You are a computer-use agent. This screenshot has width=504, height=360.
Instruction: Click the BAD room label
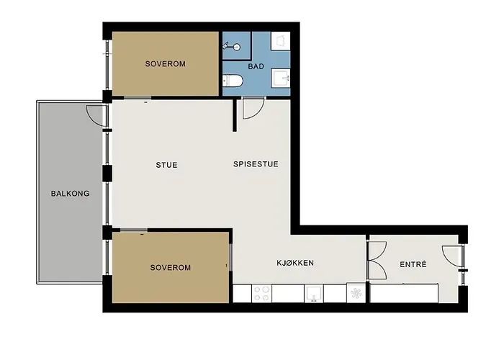[x=256, y=66]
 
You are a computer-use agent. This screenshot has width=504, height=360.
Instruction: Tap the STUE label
[x=166, y=165]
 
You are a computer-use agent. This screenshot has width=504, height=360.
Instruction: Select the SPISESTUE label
[x=256, y=164]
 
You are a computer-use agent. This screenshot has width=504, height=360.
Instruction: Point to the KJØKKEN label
[x=295, y=263]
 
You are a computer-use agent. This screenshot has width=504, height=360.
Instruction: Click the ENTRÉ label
[x=413, y=264]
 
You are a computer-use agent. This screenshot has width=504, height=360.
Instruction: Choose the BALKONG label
[x=70, y=194]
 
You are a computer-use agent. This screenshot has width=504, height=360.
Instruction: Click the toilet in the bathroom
[x=233, y=81]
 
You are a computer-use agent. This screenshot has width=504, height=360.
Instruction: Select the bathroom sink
[x=281, y=78]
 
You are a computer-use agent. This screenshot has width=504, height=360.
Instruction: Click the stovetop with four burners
[x=261, y=293]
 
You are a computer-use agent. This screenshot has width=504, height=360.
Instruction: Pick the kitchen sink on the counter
[x=314, y=293]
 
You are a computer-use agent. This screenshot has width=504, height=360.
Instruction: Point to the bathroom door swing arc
[x=257, y=112]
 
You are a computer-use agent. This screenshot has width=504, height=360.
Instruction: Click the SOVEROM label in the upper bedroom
[x=165, y=63]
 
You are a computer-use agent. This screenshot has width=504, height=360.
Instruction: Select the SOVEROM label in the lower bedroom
[x=171, y=267]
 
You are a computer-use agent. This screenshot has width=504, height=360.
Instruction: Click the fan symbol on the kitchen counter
[x=356, y=293]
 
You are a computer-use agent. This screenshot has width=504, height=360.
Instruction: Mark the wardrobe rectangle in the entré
[x=404, y=293]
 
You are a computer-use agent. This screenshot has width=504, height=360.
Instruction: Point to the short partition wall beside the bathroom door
[x=235, y=115]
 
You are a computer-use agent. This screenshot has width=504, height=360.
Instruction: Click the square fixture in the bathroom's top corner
[x=281, y=41]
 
